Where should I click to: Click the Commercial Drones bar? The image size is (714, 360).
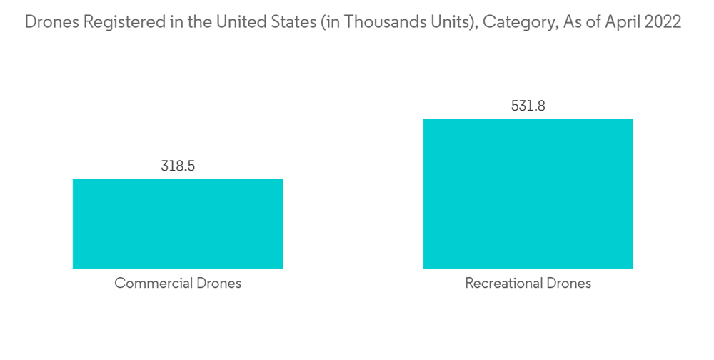[x=178, y=224]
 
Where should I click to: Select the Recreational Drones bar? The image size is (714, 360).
[x=528, y=194]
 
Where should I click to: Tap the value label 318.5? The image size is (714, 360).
[x=178, y=166]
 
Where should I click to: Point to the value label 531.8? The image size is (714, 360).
[x=528, y=106]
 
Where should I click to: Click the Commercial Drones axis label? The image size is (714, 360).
[x=178, y=284]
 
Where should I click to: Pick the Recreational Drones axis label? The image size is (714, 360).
[x=528, y=284]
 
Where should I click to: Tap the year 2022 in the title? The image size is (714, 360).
[x=663, y=22]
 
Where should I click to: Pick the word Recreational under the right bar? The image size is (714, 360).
[x=505, y=284]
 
